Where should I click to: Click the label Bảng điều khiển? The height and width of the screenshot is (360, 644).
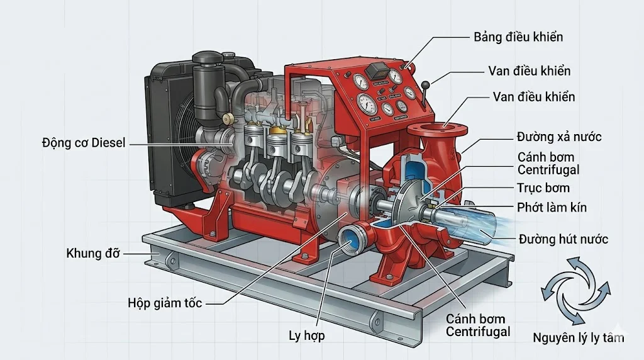518,37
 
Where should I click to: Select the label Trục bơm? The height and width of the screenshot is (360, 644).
543,188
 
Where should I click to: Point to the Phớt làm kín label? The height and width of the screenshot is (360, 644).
552,206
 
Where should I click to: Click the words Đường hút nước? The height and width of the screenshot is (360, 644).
563,239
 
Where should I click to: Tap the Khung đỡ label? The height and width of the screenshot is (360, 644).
92,254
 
